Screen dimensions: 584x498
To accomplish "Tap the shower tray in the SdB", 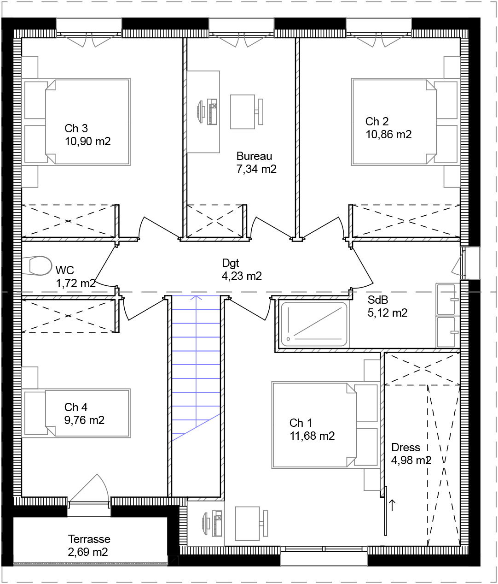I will [x=314, y=324].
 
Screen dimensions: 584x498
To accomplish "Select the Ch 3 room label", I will [x=76, y=128].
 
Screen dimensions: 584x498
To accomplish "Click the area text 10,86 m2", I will [x=388, y=135].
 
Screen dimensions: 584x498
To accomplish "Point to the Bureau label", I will [x=254, y=156].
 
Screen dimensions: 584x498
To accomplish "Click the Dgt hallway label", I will [x=231, y=263].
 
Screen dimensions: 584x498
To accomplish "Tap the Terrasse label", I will [x=89, y=539].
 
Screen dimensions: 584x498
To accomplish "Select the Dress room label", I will [x=405, y=448].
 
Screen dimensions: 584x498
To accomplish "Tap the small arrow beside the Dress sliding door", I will [x=392, y=505].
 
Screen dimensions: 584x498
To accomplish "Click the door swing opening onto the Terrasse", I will [x=91, y=489].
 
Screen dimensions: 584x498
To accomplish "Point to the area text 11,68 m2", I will [x=312, y=436].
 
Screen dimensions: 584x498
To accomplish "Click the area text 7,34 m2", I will [x=256, y=169].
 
